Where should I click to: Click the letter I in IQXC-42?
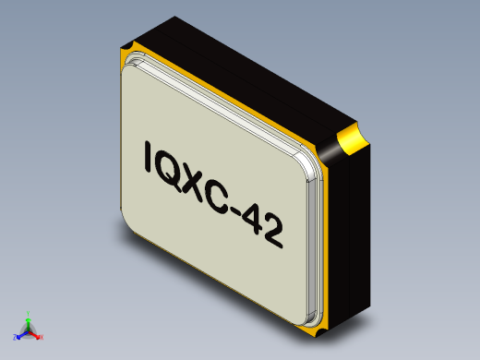tap(150, 159)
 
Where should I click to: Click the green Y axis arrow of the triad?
tap(29, 318)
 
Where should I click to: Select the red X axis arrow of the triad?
tap(36, 334)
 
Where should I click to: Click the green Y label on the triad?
tap(29, 312)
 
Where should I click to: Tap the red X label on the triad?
tap(42, 338)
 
